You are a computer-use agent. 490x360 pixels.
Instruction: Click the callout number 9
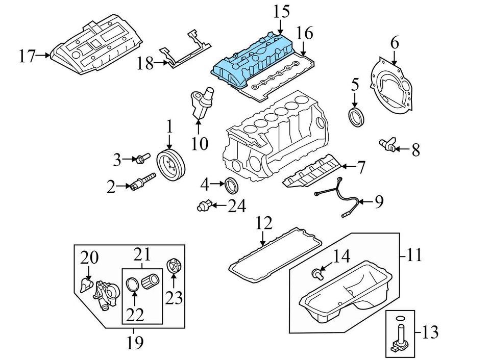[x=378, y=202]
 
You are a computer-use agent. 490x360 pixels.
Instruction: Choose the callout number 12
[x=264, y=223]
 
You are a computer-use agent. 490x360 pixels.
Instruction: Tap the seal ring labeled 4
[x=232, y=185]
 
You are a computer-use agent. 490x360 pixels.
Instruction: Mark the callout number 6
[x=395, y=43]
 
